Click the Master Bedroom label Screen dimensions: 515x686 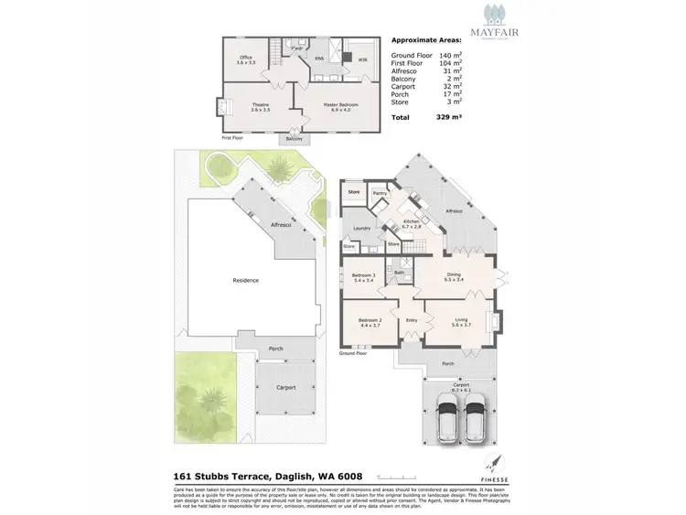point(340,106)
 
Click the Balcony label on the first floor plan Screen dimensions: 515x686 point(294,139)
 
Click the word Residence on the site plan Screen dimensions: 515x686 point(246,281)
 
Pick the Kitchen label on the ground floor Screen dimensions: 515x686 point(411,223)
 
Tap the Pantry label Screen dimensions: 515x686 point(381,194)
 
